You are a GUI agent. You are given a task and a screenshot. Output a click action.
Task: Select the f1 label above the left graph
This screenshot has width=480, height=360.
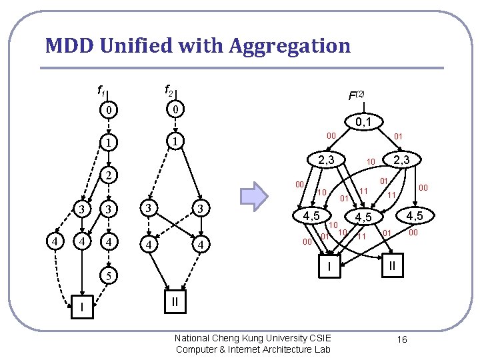pyautogui.click(x=101, y=90)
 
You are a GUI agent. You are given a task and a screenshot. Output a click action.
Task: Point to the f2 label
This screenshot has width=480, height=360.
pyautogui.click(x=170, y=89)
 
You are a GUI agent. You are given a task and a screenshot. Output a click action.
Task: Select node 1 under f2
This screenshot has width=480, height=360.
pyautogui.click(x=174, y=142)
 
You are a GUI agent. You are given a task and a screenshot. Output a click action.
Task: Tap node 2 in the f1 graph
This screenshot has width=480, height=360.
pyautogui.click(x=108, y=176)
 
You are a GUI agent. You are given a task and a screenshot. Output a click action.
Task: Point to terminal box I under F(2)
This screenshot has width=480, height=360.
pyautogui.click(x=328, y=267)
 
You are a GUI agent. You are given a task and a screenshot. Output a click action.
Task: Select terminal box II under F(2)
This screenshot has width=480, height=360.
pyautogui.click(x=391, y=266)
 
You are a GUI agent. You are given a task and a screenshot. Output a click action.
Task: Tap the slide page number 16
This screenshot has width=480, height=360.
pyautogui.click(x=402, y=340)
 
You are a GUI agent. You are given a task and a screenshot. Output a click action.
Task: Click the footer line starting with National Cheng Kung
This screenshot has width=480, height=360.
pyautogui.click(x=253, y=338)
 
